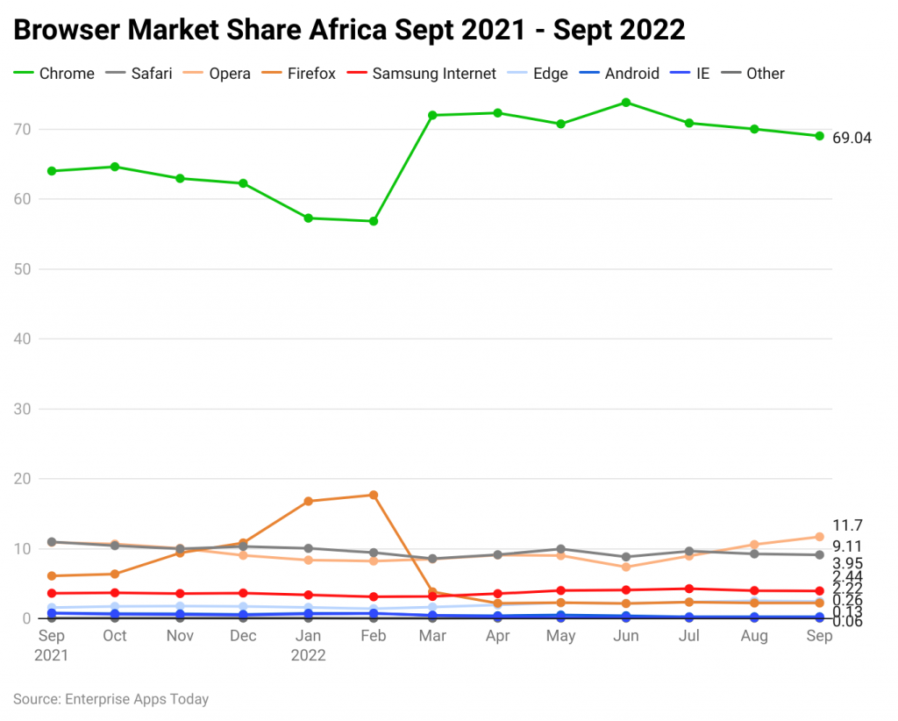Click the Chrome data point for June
point(626,103)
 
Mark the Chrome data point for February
point(374,221)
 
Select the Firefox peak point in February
point(374,495)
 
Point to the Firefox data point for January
point(309,501)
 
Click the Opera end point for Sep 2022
point(819,537)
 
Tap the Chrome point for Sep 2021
point(52,171)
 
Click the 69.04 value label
point(852,138)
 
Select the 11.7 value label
point(847,525)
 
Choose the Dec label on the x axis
point(243,636)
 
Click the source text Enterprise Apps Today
point(136,699)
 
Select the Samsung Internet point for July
point(689,589)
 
